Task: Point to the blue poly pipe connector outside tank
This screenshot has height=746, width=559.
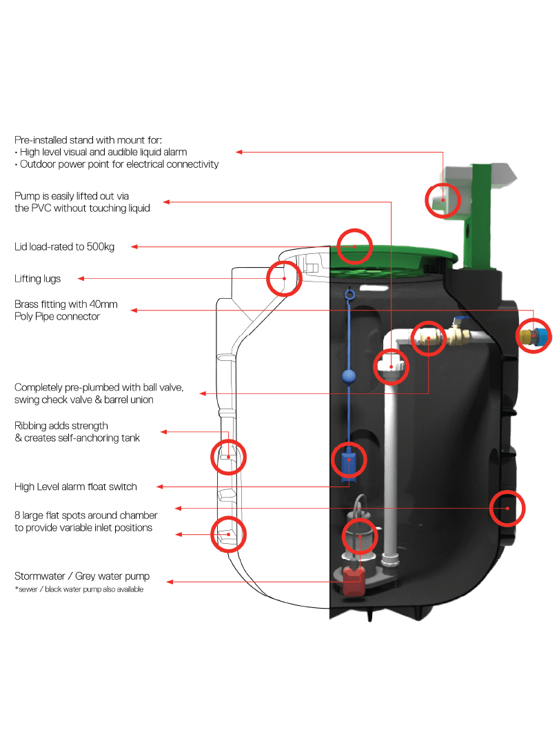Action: click(x=540, y=336)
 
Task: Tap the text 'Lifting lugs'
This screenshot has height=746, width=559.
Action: click(x=38, y=279)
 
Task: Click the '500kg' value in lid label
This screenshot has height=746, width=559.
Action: click(x=101, y=247)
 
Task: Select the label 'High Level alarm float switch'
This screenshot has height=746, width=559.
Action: click(x=76, y=487)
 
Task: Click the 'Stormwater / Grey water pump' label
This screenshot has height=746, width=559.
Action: click(x=82, y=576)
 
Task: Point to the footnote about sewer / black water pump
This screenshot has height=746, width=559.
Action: click(x=79, y=589)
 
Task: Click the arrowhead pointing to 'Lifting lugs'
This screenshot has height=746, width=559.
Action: click(x=81, y=279)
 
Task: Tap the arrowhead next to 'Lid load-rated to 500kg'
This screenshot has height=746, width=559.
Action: click(x=135, y=246)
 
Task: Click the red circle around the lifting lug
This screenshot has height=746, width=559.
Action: click(x=285, y=278)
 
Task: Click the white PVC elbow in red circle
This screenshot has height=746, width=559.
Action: click(x=392, y=366)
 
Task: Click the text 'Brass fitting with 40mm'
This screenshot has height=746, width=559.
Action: click(x=66, y=304)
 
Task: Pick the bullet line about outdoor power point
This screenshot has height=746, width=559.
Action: click(x=116, y=164)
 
